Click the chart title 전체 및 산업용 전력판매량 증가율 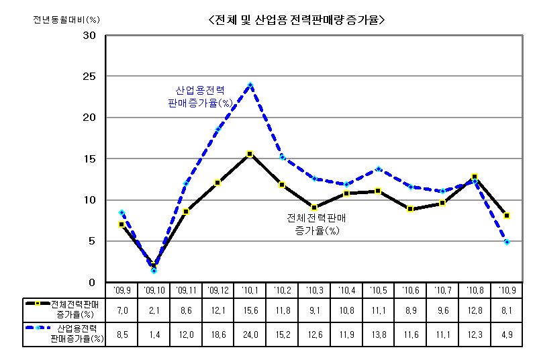click(297, 19)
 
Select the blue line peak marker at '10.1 click(250, 85)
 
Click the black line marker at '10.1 click(250, 154)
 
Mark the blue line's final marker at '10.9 click(507, 242)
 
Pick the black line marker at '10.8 click(475, 177)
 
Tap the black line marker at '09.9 click(121, 224)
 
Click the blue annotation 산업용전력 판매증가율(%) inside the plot click(200, 97)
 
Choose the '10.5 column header click(378, 290)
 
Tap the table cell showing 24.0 click(249, 334)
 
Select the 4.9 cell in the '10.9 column click(507, 334)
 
